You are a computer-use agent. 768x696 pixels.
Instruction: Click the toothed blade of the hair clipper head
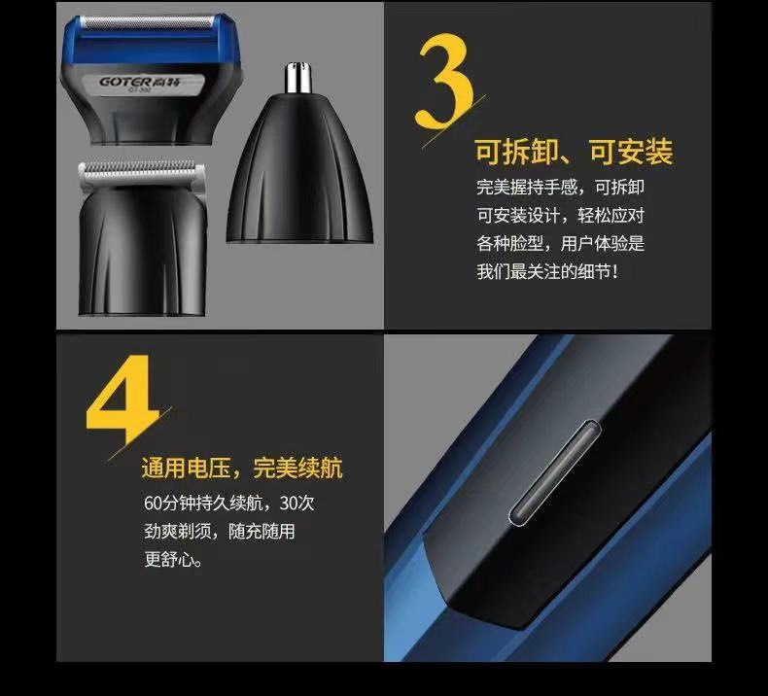point(141,172)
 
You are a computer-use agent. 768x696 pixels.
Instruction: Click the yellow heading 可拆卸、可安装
point(573,153)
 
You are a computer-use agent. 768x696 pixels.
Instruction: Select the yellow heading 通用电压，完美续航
point(241,468)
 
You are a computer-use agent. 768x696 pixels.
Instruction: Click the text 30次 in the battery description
point(297,504)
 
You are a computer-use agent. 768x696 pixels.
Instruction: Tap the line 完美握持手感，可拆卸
point(560,188)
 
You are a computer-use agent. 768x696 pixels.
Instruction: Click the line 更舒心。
point(174,560)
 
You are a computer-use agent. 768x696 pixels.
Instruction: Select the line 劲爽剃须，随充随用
point(219,532)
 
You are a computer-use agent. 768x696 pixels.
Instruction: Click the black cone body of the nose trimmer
point(299,175)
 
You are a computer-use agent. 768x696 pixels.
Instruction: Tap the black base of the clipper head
point(143,253)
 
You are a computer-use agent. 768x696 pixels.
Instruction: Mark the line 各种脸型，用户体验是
point(560,244)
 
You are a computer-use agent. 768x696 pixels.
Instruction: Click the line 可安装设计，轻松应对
point(560,216)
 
